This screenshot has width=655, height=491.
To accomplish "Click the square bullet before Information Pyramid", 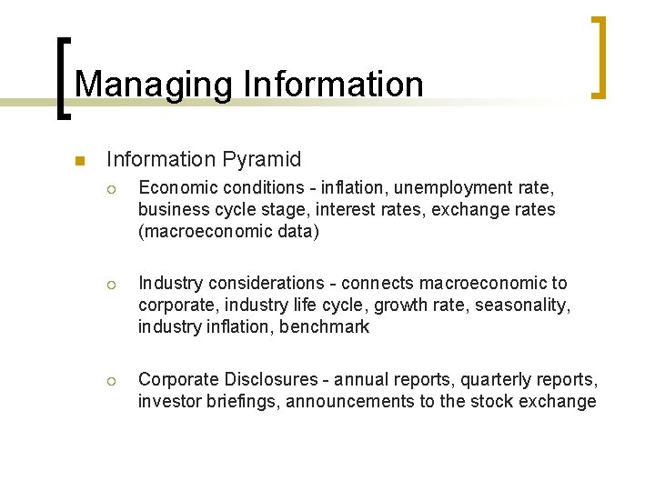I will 79,161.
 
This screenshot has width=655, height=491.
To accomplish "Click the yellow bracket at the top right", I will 599,56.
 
